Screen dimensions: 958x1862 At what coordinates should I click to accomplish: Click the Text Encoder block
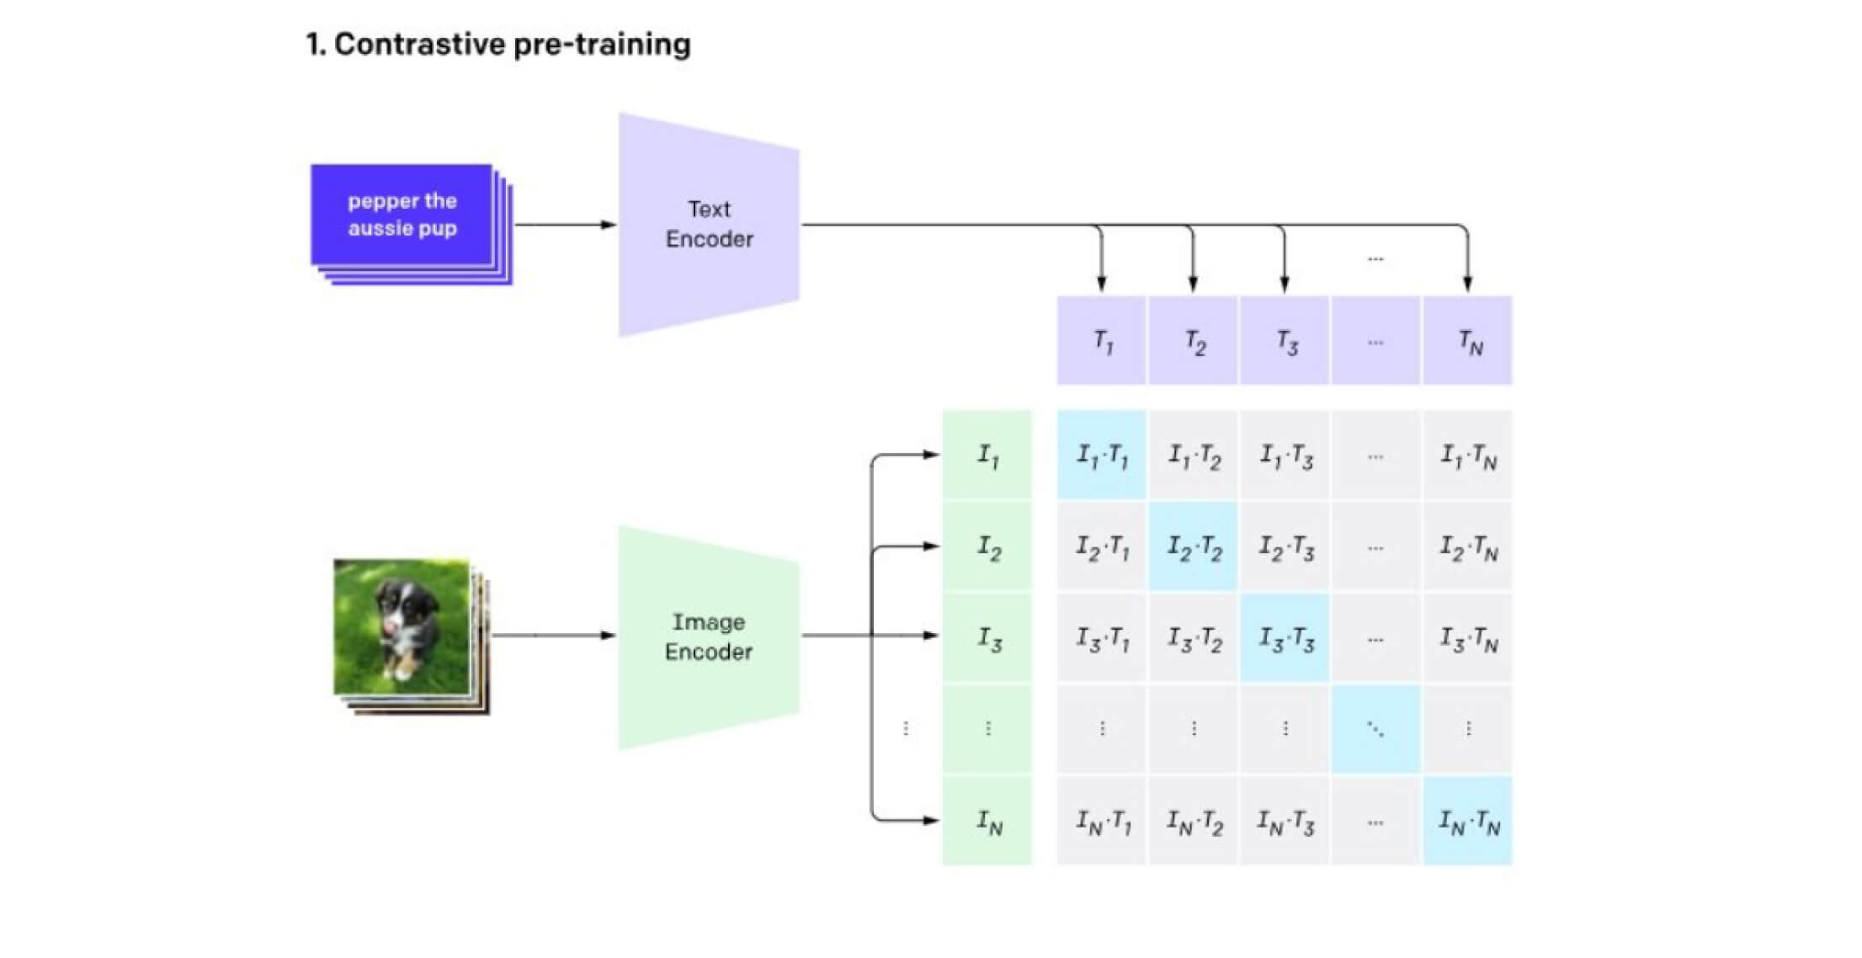709,224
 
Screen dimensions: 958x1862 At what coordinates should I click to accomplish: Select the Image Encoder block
709,636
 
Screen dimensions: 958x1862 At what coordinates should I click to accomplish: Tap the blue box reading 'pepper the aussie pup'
402,215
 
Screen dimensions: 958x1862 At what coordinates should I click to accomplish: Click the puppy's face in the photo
396,606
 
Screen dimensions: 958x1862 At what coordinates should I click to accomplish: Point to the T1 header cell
1101,341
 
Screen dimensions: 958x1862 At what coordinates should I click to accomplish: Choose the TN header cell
1467,341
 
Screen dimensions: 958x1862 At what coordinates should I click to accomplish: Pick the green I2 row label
987,547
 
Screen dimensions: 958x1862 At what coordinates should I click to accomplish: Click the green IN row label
987,821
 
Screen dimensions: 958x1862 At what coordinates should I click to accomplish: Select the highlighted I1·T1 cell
1101,455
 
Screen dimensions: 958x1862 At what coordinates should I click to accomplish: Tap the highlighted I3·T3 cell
1285,638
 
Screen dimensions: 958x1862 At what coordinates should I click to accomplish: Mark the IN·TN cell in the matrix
1467,821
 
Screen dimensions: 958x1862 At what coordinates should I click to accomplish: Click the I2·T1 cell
1101,547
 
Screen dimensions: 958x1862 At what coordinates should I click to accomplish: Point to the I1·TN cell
1467,455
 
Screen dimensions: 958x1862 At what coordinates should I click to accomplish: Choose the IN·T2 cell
1193,821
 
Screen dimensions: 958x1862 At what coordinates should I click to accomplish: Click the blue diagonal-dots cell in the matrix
1375,729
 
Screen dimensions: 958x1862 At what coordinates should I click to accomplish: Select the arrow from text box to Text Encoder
564,225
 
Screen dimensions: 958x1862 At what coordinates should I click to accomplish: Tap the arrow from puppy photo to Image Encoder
551,635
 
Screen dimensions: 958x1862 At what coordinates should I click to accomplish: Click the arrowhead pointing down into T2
1193,283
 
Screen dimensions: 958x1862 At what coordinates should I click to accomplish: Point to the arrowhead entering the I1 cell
929,455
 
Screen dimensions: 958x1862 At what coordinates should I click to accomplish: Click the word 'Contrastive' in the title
418,44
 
